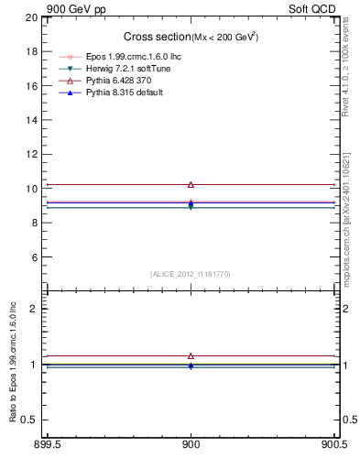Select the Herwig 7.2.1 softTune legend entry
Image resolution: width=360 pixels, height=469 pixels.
pyautogui.click(x=127, y=69)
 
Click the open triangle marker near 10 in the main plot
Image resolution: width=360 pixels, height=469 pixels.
pyautogui.click(x=191, y=185)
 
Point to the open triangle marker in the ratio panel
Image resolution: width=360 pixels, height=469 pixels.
pyautogui.click(x=191, y=355)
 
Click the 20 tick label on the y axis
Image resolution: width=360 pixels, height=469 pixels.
pyautogui.click(x=31, y=17)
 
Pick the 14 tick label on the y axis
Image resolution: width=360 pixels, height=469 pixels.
pyautogui.click(x=31, y=120)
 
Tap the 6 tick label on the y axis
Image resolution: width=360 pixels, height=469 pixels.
pyautogui.click(x=34, y=257)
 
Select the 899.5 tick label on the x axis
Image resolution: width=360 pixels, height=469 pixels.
pyautogui.click(x=47, y=446)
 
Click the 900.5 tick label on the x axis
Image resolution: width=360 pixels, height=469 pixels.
pyautogui.click(x=334, y=446)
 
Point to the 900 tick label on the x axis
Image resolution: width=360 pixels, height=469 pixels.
pyautogui.click(x=191, y=446)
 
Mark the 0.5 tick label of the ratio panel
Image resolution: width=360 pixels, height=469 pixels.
pyautogui.click(x=29, y=420)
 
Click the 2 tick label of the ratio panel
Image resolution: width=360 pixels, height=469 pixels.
pyautogui.click(x=34, y=309)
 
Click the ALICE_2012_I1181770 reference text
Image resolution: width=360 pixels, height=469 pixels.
pyautogui.click(x=191, y=273)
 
